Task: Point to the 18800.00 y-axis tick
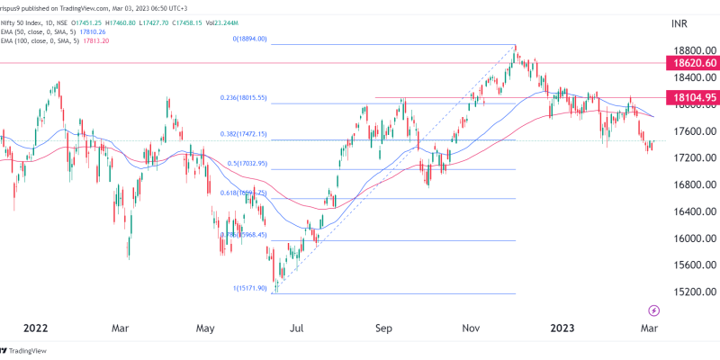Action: click(687, 51)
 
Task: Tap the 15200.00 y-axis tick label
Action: click(687, 292)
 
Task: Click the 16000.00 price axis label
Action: click(687, 238)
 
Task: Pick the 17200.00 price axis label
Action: click(687, 158)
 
